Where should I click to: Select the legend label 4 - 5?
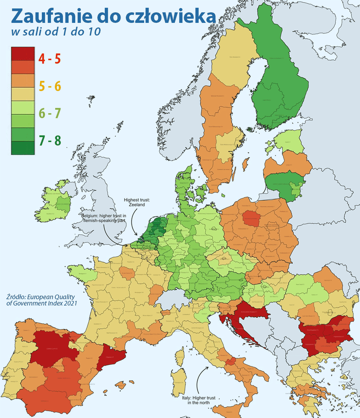click(x=50, y=59)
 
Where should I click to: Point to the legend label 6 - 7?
click(x=50, y=113)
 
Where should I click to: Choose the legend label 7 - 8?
click(x=50, y=140)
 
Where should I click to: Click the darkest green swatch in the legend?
click(x=22, y=148)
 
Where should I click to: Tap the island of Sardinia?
click(x=181, y=383)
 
